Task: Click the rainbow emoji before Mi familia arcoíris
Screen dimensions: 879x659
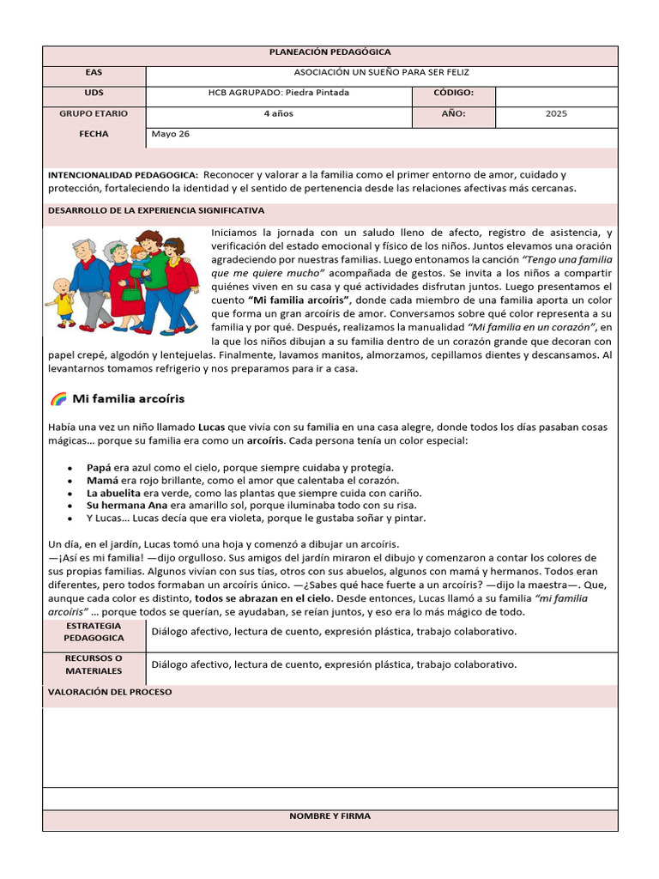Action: point(58,399)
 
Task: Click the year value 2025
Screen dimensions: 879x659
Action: point(556,113)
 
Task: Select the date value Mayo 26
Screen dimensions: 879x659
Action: point(170,134)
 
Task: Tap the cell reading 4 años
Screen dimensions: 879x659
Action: point(279,113)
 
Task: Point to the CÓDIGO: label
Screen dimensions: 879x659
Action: point(453,93)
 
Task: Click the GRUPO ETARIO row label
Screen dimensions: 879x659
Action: point(94,113)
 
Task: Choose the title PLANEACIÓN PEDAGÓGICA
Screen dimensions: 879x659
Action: point(329,52)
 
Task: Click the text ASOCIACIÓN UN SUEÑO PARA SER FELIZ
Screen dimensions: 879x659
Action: point(382,72)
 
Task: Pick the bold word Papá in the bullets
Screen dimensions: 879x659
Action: point(99,467)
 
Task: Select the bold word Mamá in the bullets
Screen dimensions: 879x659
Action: point(101,480)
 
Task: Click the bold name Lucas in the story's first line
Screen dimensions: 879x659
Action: point(211,426)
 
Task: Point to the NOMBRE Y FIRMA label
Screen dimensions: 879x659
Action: point(329,816)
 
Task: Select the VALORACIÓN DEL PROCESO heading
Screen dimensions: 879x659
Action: point(110,691)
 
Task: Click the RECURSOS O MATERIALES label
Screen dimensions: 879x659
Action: point(94,664)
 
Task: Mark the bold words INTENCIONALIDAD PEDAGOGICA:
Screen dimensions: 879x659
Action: point(123,175)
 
